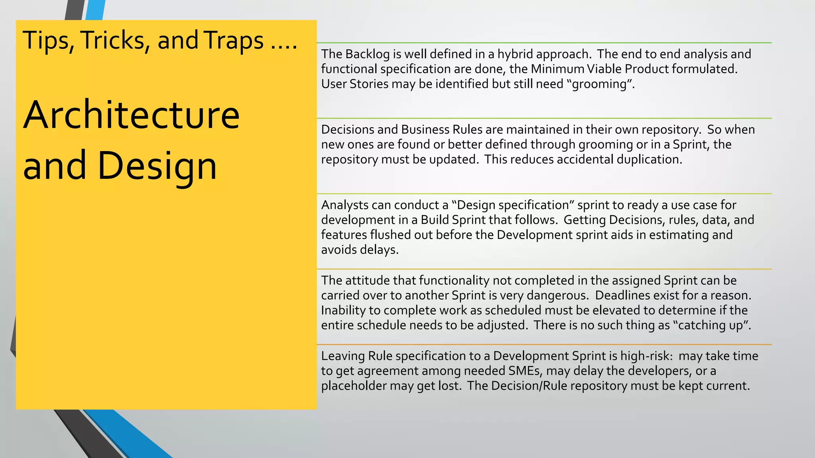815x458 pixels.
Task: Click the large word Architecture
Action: (x=131, y=115)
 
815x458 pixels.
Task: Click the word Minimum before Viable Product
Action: (x=557, y=69)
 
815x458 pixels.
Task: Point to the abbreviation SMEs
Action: (x=525, y=371)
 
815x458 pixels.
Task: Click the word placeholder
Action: (x=354, y=386)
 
